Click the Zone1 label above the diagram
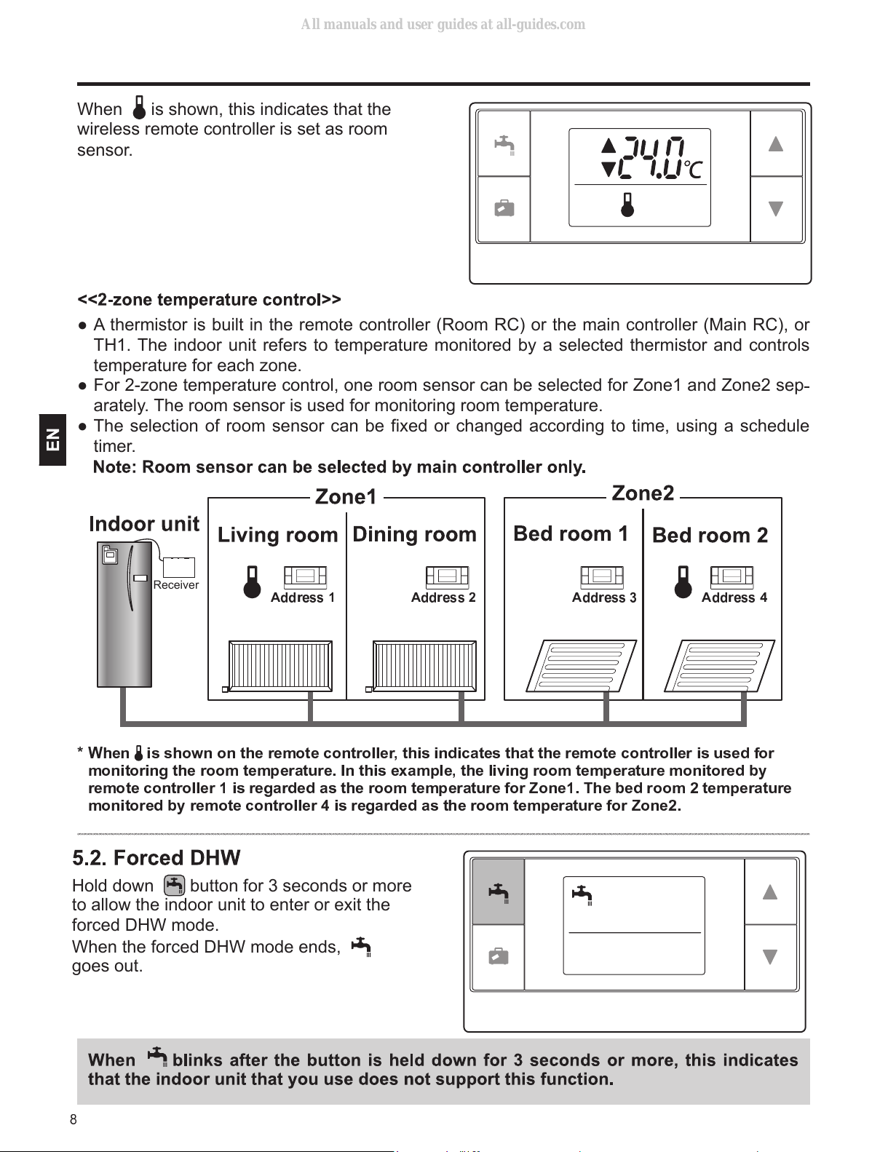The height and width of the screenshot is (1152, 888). tap(345, 497)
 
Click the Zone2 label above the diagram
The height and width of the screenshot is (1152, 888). tap(643, 493)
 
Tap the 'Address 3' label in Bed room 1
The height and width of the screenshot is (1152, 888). tap(604, 597)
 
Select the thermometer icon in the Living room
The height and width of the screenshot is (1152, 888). tap(252, 582)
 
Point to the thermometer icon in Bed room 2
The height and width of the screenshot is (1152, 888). tap(683, 582)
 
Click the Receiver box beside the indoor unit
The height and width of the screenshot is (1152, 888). tap(178, 567)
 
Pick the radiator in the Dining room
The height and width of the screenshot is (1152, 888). tap(424, 666)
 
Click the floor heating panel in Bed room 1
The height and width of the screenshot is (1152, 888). tap(581, 666)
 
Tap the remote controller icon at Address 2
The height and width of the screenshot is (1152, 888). tap(447, 576)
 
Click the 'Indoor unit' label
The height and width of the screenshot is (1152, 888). tap(144, 524)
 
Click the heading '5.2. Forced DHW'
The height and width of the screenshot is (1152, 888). tap(156, 857)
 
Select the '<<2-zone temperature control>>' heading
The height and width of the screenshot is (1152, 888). tap(209, 300)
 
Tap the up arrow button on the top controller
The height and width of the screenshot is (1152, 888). tap(776, 143)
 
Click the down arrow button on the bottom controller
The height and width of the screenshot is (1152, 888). tap(770, 957)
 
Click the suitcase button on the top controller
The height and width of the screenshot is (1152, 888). tap(504, 209)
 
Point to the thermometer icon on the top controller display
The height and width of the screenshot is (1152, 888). tap(627, 204)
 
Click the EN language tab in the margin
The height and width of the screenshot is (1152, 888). tap(52, 440)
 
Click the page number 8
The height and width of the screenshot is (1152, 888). tap(74, 1119)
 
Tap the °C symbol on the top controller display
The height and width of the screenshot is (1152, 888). tap(693, 170)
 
